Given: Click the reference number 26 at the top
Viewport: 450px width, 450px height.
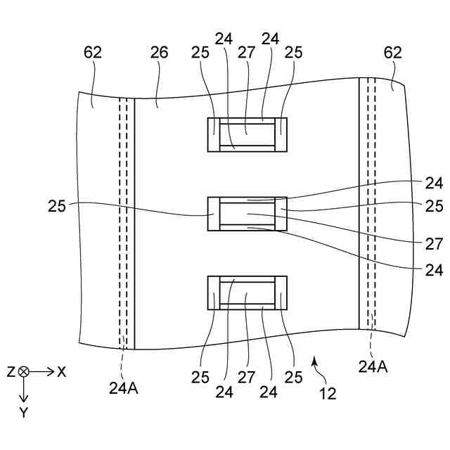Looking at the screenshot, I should point(160,52).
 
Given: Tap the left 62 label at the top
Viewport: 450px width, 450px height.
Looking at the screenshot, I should point(93,52).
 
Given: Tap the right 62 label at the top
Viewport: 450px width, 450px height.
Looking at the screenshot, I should point(393,52).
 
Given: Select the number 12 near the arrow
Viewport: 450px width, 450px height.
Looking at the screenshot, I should point(328,394).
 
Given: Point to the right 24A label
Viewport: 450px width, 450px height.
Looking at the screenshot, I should point(373,366).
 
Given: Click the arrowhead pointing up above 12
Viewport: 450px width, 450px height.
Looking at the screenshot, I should point(315,360).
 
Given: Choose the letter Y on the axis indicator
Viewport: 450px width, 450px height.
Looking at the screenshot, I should point(24,413).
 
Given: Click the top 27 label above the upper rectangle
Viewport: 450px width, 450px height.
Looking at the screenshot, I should point(246,52).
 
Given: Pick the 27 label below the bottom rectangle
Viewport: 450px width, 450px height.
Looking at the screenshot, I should point(246,377).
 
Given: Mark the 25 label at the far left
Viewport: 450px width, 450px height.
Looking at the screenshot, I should point(57,207).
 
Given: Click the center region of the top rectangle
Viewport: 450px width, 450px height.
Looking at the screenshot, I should point(247,134).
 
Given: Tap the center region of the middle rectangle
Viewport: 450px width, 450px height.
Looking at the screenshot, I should point(247,213).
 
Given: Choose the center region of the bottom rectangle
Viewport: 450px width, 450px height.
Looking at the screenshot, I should point(247,292).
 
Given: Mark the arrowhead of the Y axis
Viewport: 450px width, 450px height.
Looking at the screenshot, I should point(24,399).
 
